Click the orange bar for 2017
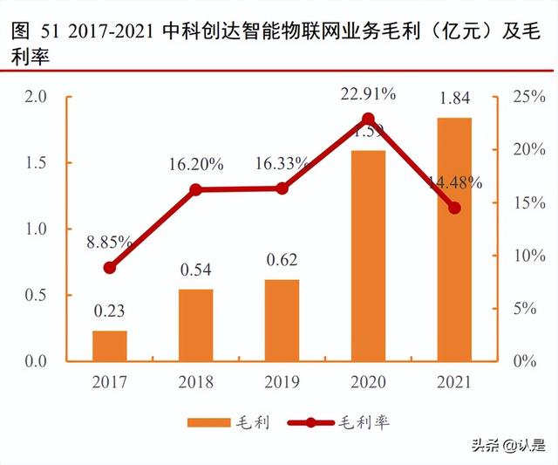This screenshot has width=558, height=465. pyautogui.click(x=109, y=345)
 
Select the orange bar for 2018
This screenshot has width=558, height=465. pyautogui.click(x=195, y=325)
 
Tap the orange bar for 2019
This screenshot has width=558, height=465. pyautogui.click(x=282, y=320)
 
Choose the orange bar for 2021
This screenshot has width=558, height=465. pyautogui.click(x=454, y=239)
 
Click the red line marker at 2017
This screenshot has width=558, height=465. pyautogui.click(x=109, y=268)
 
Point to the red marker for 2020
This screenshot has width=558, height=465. pyautogui.click(x=368, y=119)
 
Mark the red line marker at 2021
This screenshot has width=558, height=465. pyautogui.click(x=454, y=208)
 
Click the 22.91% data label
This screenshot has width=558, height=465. pyautogui.click(x=368, y=93)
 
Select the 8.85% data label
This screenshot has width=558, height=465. pyautogui.click(x=109, y=242)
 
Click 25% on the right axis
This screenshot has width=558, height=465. pyautogui.click(x=524, y=97)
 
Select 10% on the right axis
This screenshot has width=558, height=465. pyautogui.click(x=524, y=256)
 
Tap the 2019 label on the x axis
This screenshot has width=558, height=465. pyautogui.click(x=282, y=382)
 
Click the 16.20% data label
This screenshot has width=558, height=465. pyautogui.click(x=195, y=163)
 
